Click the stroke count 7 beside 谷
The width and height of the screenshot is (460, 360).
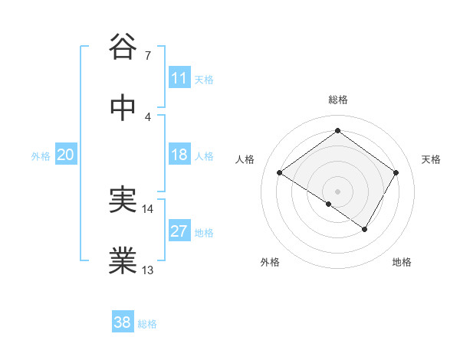coord(147,55)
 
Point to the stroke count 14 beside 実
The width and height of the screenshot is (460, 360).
coord(148,208)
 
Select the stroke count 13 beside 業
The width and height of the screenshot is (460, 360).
coord(148,270)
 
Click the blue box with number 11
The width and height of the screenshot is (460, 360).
coord(179,78)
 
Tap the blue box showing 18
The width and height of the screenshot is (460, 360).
coord(179,155)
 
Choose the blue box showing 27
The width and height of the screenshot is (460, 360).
coord(179,231)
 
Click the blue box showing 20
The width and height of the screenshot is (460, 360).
coord(66,155)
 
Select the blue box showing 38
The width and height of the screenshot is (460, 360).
coord(123,322)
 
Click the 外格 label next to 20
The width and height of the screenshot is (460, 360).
coord(41,156)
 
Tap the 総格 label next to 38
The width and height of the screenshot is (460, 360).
coord(147,324)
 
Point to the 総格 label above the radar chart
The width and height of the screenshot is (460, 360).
coord(338,100)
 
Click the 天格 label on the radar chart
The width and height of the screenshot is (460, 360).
coord(432,159)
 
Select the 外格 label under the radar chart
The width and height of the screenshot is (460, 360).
coord(270,262)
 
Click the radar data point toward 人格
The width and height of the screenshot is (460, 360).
coord(280,173)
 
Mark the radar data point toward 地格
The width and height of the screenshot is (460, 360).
coord(365,229)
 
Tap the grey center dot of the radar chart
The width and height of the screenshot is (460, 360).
coord(337,190)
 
